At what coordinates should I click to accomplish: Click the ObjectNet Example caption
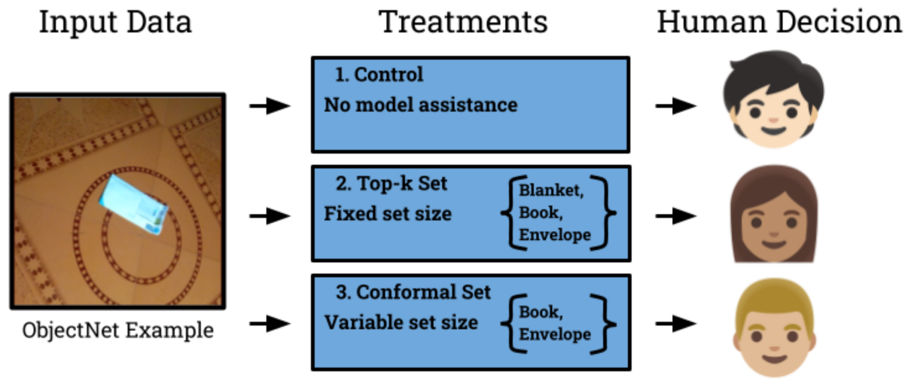118,330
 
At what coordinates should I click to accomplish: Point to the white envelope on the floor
134,205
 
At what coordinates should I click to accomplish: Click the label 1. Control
379,75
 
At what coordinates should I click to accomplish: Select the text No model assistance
420,105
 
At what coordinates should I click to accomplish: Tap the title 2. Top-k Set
391,183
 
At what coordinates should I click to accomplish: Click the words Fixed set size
388,214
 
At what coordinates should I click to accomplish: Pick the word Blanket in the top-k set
551,190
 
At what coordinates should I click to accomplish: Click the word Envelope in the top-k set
555,235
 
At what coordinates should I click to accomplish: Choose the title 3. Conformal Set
413,292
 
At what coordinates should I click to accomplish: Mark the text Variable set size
401,323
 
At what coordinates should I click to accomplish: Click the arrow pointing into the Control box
270,106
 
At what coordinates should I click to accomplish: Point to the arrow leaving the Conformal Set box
676,324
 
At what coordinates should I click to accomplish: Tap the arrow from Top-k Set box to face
676,216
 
